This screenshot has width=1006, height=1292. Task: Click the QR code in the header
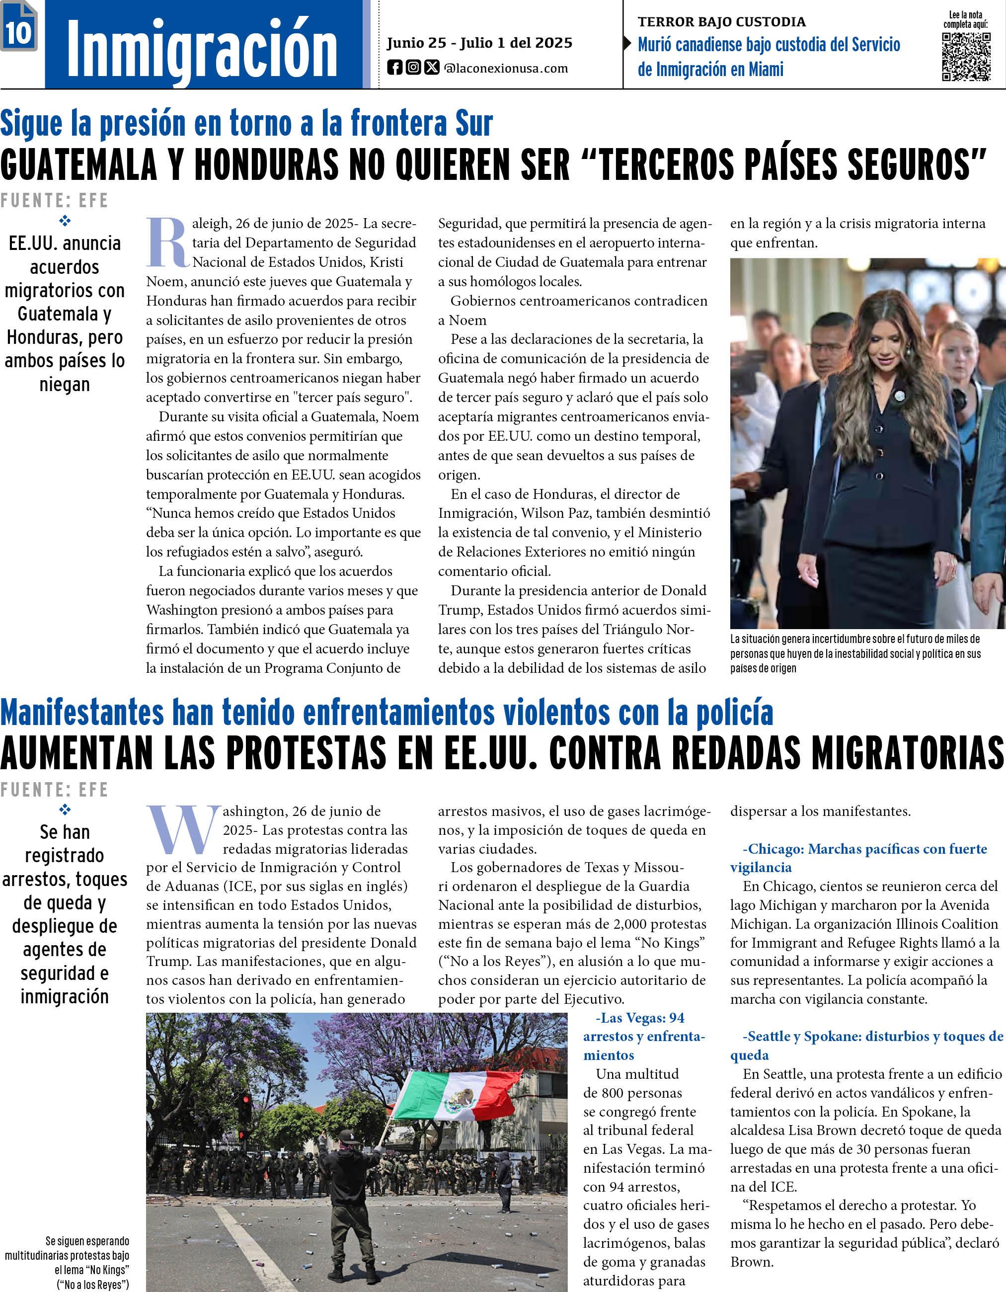[966, 57]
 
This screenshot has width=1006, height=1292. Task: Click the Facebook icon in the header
[394, 68]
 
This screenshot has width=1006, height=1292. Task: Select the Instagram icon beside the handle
[413, 68]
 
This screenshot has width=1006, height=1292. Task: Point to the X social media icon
[432, 68]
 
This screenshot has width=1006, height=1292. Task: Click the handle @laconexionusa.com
[506, 69]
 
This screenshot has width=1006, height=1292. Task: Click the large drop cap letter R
[167, 243]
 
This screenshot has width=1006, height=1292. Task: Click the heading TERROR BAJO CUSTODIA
[721, 22]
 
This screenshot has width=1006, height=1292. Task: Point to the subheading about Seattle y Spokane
[866, 1046]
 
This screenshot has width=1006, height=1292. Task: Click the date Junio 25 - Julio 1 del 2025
[479, 43]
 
